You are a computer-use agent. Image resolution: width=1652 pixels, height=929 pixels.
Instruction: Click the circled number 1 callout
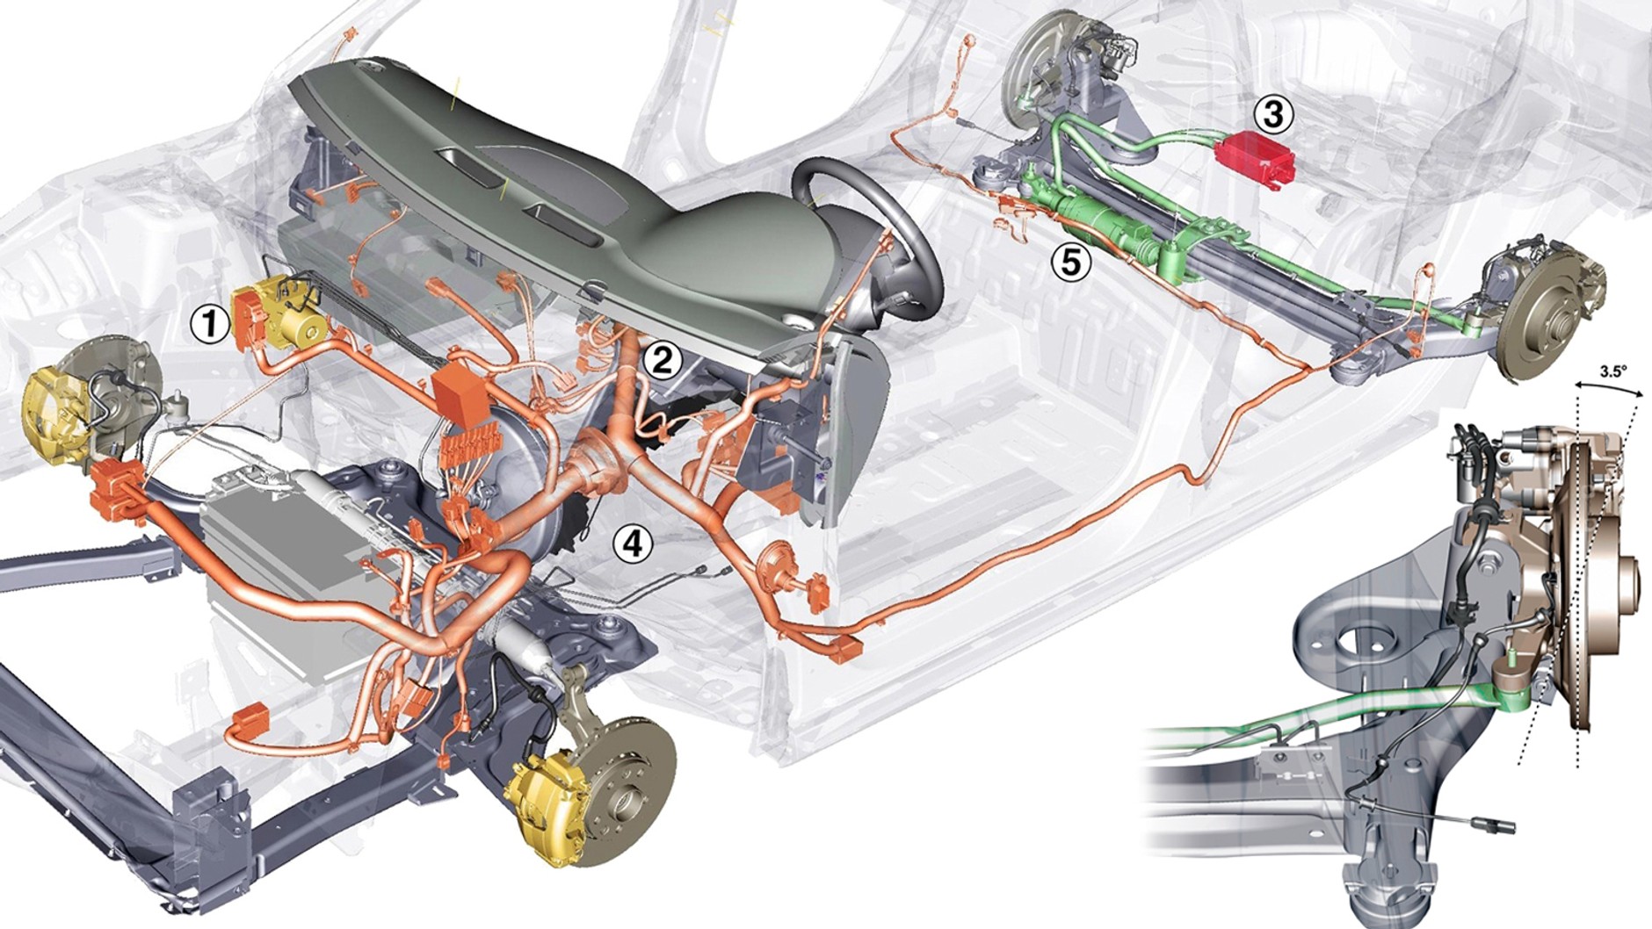(208, 325)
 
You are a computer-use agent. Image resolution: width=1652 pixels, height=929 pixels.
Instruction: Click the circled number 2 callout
(662, 359)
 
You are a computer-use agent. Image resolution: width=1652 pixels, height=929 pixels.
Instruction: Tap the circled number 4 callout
(634, 544)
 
